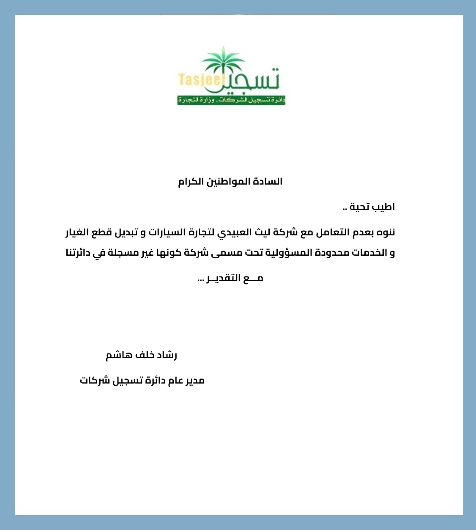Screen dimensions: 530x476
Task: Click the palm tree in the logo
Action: click(x=223, y=63)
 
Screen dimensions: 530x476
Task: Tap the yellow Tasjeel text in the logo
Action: click(x=199, y=79)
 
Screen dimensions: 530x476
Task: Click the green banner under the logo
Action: click(x=231, y=100)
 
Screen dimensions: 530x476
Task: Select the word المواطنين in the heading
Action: click(x=232, y=182)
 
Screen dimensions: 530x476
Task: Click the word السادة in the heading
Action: click(x=269, y=182)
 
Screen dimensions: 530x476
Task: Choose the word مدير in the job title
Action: click(x=194, y=380)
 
